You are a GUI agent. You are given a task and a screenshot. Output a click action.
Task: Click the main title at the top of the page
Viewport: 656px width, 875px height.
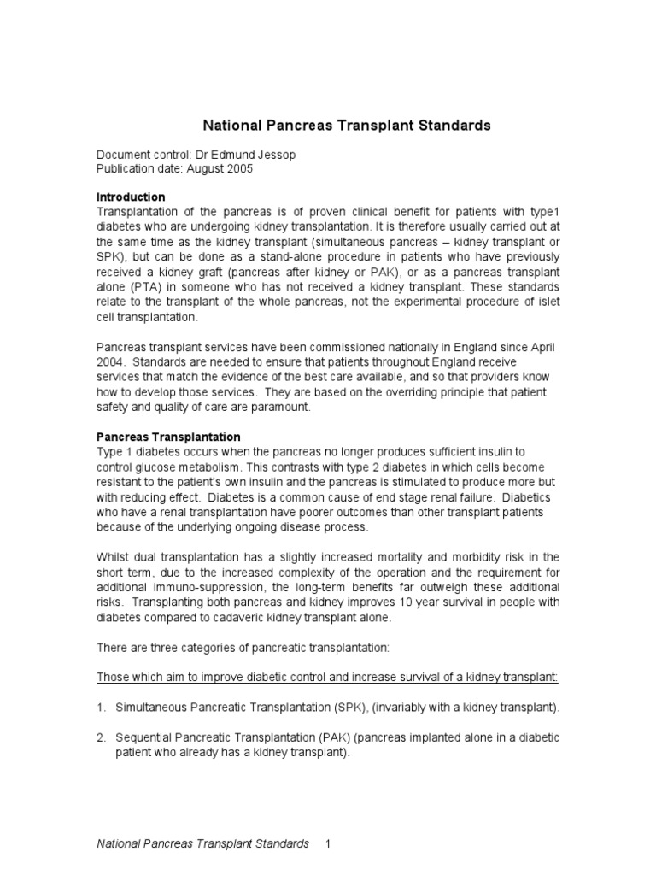tap(346, 126)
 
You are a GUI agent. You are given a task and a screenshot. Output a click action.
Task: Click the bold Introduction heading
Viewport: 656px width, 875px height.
tap(130, 197)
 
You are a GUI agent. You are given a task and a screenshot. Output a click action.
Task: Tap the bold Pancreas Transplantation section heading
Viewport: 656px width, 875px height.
tap(167, 437)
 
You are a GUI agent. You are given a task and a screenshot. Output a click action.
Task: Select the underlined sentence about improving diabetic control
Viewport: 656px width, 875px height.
tap(327, 677)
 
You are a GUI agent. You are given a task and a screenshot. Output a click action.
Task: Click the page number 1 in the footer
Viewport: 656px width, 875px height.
tap(326, 844)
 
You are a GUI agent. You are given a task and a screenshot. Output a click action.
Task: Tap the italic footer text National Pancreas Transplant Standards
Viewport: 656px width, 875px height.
tap(202, 844)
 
